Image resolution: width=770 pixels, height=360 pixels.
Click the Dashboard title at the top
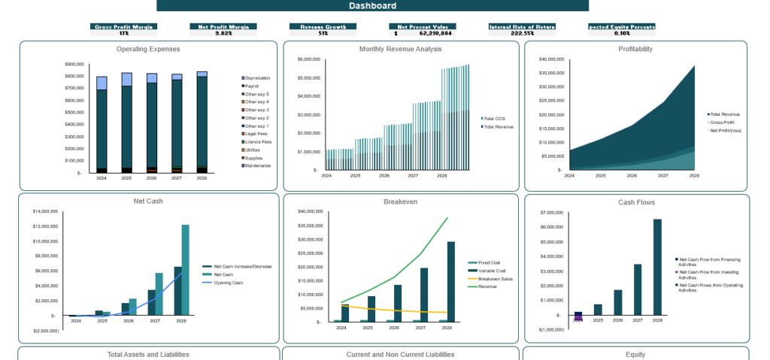tap(372, 6)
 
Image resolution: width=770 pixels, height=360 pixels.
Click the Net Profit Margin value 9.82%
tap(223, 33)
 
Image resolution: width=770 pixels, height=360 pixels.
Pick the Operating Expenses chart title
tap(148, 49)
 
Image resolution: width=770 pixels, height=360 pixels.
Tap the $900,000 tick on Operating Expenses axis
tap(74, 65)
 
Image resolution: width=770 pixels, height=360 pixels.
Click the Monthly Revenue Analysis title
tap(400, 49)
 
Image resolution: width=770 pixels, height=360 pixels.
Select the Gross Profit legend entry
tap(721, 122)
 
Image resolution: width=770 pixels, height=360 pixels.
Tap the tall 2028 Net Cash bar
tap(185, 269)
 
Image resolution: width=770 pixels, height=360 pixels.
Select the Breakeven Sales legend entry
tap(495, 279)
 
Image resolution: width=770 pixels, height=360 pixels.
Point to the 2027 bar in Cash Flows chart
tap(638, 289)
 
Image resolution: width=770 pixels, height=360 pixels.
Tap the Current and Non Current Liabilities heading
tap(400, 354)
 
